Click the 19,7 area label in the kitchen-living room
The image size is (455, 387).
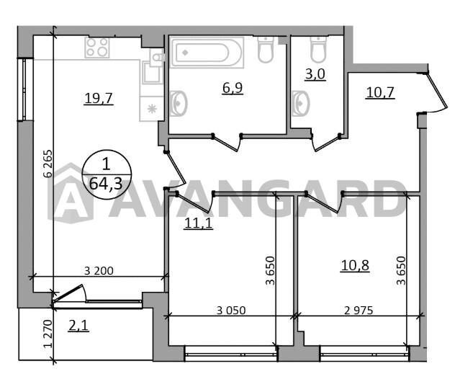point(99,98)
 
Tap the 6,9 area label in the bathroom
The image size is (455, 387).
point(233,88)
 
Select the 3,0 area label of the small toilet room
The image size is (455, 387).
point(315,74)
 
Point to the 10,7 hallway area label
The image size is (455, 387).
point(380,92)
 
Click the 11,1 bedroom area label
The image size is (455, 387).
point(199,223)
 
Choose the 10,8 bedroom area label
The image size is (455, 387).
point(355,265)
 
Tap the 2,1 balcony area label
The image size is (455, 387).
point(78,325)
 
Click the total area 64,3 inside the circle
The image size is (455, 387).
point(106,184)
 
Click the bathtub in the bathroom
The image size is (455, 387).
point(207,53)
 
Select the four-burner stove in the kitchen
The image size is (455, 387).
point(97,48)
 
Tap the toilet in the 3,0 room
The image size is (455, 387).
point(318,50)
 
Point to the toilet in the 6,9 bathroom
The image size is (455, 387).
point(266,50)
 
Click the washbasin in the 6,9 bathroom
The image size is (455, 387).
point(178,104)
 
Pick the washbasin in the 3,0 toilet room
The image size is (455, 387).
point(301,104)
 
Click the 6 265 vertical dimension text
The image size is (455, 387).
point(48,164)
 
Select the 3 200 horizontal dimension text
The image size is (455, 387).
point(99,271)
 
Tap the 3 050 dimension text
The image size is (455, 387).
point(231,311)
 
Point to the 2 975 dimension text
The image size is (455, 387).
point(359,311)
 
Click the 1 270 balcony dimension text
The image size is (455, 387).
point(48,334)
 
